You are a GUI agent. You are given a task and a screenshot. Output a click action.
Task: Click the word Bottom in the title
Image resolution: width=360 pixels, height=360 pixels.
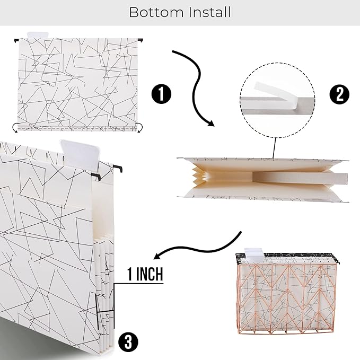(x=156, y=12)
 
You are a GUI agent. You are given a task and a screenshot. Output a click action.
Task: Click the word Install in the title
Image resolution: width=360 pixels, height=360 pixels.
(x=209, y=12)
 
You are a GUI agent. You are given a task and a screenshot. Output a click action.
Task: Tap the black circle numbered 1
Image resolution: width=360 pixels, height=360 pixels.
(x=161, y=94)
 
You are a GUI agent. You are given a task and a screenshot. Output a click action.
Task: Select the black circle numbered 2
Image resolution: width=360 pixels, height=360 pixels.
(x=339, y=94)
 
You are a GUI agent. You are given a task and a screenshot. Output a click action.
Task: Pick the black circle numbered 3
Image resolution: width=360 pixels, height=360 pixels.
(x=128, y=342)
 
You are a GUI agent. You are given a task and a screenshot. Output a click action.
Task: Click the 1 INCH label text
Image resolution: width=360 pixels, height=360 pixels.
(x=145, y=274)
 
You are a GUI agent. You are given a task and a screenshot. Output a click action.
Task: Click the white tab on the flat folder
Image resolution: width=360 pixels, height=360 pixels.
(x=38, y=35)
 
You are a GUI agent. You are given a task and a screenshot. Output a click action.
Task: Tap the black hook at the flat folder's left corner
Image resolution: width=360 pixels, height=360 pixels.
(x=16, y=41)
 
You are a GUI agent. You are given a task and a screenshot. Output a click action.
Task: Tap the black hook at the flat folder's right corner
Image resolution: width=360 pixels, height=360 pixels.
(x=141, y=40)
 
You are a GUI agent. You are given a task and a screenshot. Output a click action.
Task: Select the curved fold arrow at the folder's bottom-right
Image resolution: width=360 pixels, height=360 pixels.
(x=140, y=127)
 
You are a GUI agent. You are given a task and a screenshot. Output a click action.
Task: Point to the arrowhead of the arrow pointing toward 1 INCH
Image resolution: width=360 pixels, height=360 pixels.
(x=157, y=256)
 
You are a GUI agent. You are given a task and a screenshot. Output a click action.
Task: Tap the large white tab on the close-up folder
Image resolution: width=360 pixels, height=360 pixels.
(x=81, y=155)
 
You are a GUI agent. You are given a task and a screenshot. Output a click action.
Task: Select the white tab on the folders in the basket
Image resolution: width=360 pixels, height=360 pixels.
(x=254, y=255)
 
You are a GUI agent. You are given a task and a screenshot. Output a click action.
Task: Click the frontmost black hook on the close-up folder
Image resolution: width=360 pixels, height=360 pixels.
(x=96, y=177)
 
